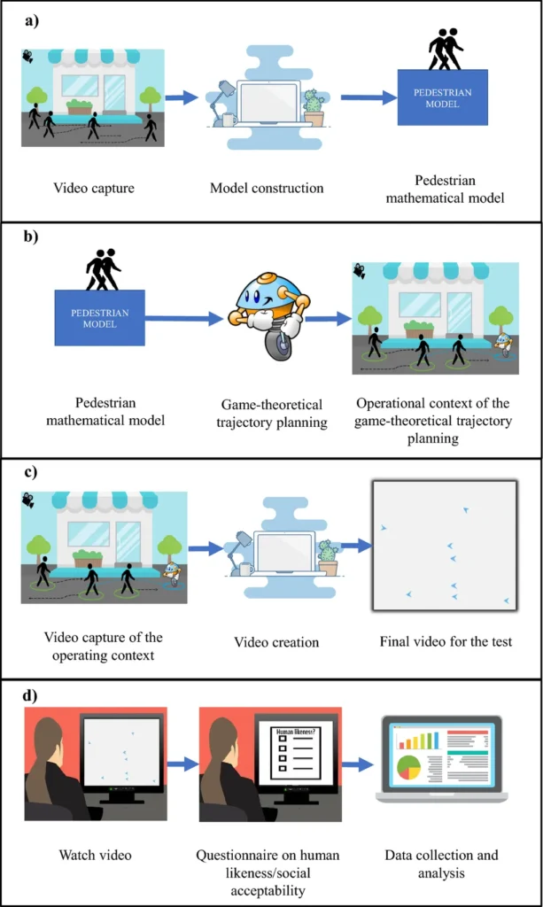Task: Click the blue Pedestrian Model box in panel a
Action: point(442,97)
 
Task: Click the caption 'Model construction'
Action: point(267,188)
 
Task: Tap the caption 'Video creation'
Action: point(276,641)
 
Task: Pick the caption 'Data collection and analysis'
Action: point(441,864)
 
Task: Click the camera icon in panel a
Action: point(29,57)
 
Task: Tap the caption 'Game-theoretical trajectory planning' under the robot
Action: point(271,414)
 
